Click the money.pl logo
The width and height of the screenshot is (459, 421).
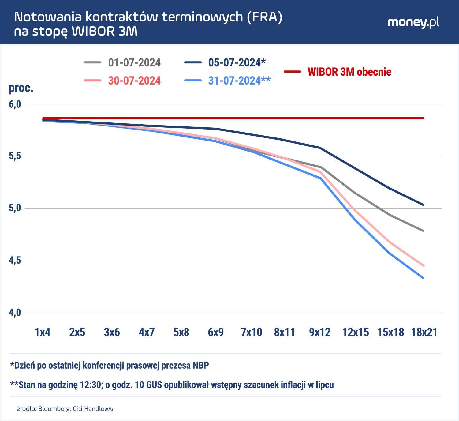point(413,22)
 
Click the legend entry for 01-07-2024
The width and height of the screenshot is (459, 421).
point(134,63)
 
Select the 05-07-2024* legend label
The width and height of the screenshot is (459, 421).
point(237,63)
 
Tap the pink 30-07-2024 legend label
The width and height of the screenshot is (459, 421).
point(134,81)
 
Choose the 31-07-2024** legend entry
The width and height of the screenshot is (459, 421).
point(239,81)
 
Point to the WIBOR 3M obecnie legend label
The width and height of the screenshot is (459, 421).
point(349,72)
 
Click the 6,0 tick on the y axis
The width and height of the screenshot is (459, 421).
point(15,104)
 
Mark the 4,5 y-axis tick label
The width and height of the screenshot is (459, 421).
point(15,261)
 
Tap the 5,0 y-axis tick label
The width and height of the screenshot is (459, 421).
point(15,208)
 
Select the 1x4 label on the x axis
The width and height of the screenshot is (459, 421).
point(42,332)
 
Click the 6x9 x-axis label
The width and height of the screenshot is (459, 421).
point(216,332)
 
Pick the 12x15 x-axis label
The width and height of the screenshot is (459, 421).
point(356,332)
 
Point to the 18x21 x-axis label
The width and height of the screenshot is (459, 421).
point(424,332)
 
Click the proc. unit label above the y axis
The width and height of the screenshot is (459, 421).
point(21,88)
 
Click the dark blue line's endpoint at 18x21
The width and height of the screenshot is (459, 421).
point(423,205)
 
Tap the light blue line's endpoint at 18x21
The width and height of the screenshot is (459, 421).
point(423,278)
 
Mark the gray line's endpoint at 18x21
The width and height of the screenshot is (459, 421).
point(423,231)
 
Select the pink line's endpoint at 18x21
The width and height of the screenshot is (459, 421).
point(423,265)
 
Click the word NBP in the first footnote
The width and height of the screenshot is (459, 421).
point(200,365)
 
